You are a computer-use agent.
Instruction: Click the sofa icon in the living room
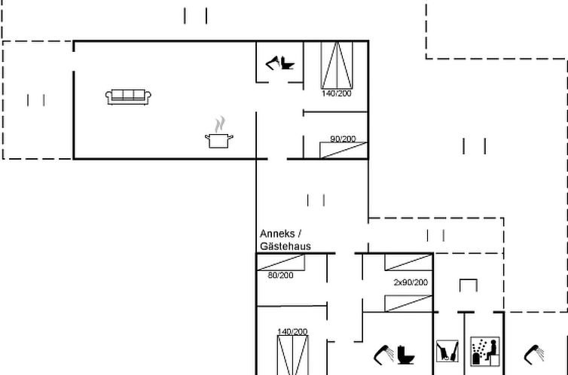click(128, 97)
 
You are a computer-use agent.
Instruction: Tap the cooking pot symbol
click(218, 141)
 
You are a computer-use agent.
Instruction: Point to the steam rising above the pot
click(219, 123)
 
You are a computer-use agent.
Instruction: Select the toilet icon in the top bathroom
click(287, 63)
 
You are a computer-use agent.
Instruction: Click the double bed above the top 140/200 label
click(337, 66)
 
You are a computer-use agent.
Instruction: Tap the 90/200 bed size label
click(343, 139)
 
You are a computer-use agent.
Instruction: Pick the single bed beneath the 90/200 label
click(344, 150)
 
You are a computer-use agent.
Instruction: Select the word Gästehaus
click(286, 246)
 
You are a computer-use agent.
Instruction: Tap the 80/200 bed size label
click(281, 275)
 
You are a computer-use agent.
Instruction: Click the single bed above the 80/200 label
click(281, 262)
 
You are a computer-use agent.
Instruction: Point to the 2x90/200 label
click(411, 282)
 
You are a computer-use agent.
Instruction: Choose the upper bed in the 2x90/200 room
click(408, 262)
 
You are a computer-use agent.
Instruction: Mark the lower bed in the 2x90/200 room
click(408, 303)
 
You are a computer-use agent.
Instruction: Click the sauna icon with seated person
click(485, 351)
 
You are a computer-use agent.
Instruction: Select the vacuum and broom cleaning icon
click(447, 351)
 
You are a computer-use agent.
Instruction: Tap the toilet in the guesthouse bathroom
click(406, 355)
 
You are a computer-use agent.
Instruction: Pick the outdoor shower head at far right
click(534, 355)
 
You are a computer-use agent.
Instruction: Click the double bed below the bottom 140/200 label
click(293, 355)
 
